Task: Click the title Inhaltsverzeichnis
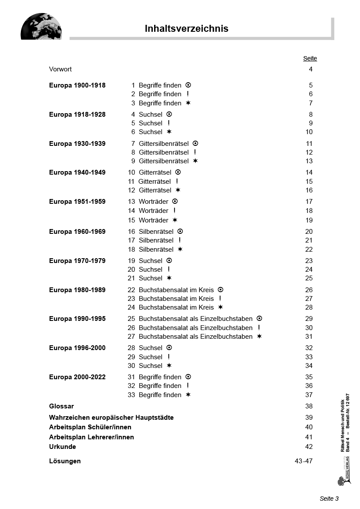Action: (186, 29)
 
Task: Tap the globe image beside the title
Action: (41, 27)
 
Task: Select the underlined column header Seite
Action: (310, 58)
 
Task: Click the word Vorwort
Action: (61, 69)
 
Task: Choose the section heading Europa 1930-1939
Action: (77, 144)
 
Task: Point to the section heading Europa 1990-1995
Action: (77, 319)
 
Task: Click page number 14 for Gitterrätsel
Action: (309, 172)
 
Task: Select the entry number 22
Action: (131, 290)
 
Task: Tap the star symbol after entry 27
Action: (259, 336)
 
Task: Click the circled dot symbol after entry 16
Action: (180, 232)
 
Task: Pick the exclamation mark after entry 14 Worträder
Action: (175, 211)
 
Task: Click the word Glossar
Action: (61, 406)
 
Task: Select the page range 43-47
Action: (303, 461)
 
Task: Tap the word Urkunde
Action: (62, 447)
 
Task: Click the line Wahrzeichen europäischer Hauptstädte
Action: (111, 418)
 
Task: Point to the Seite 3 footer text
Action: (329, 499)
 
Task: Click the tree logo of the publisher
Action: (341, 480)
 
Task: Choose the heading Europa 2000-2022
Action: (77, 377)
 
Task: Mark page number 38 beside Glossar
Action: (309, 406)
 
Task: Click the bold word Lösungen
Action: (65, 461)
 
